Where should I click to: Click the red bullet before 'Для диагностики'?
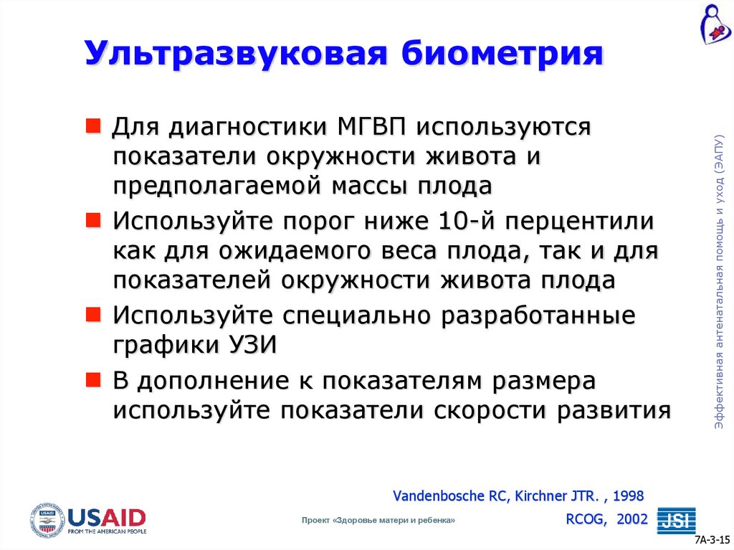coord(93,127)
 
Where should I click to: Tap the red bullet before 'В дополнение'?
coord(93,379)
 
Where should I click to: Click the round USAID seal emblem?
coord(47,519)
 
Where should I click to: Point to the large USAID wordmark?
coord(107,516)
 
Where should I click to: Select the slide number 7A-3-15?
coord(712,540)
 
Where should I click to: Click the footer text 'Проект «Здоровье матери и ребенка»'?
coord(378,521)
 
